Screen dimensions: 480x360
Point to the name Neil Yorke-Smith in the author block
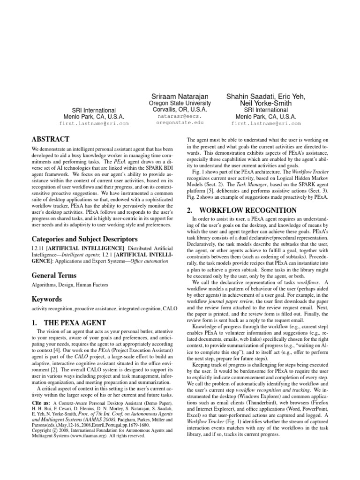pyautogui.click(x=266, y=103)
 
